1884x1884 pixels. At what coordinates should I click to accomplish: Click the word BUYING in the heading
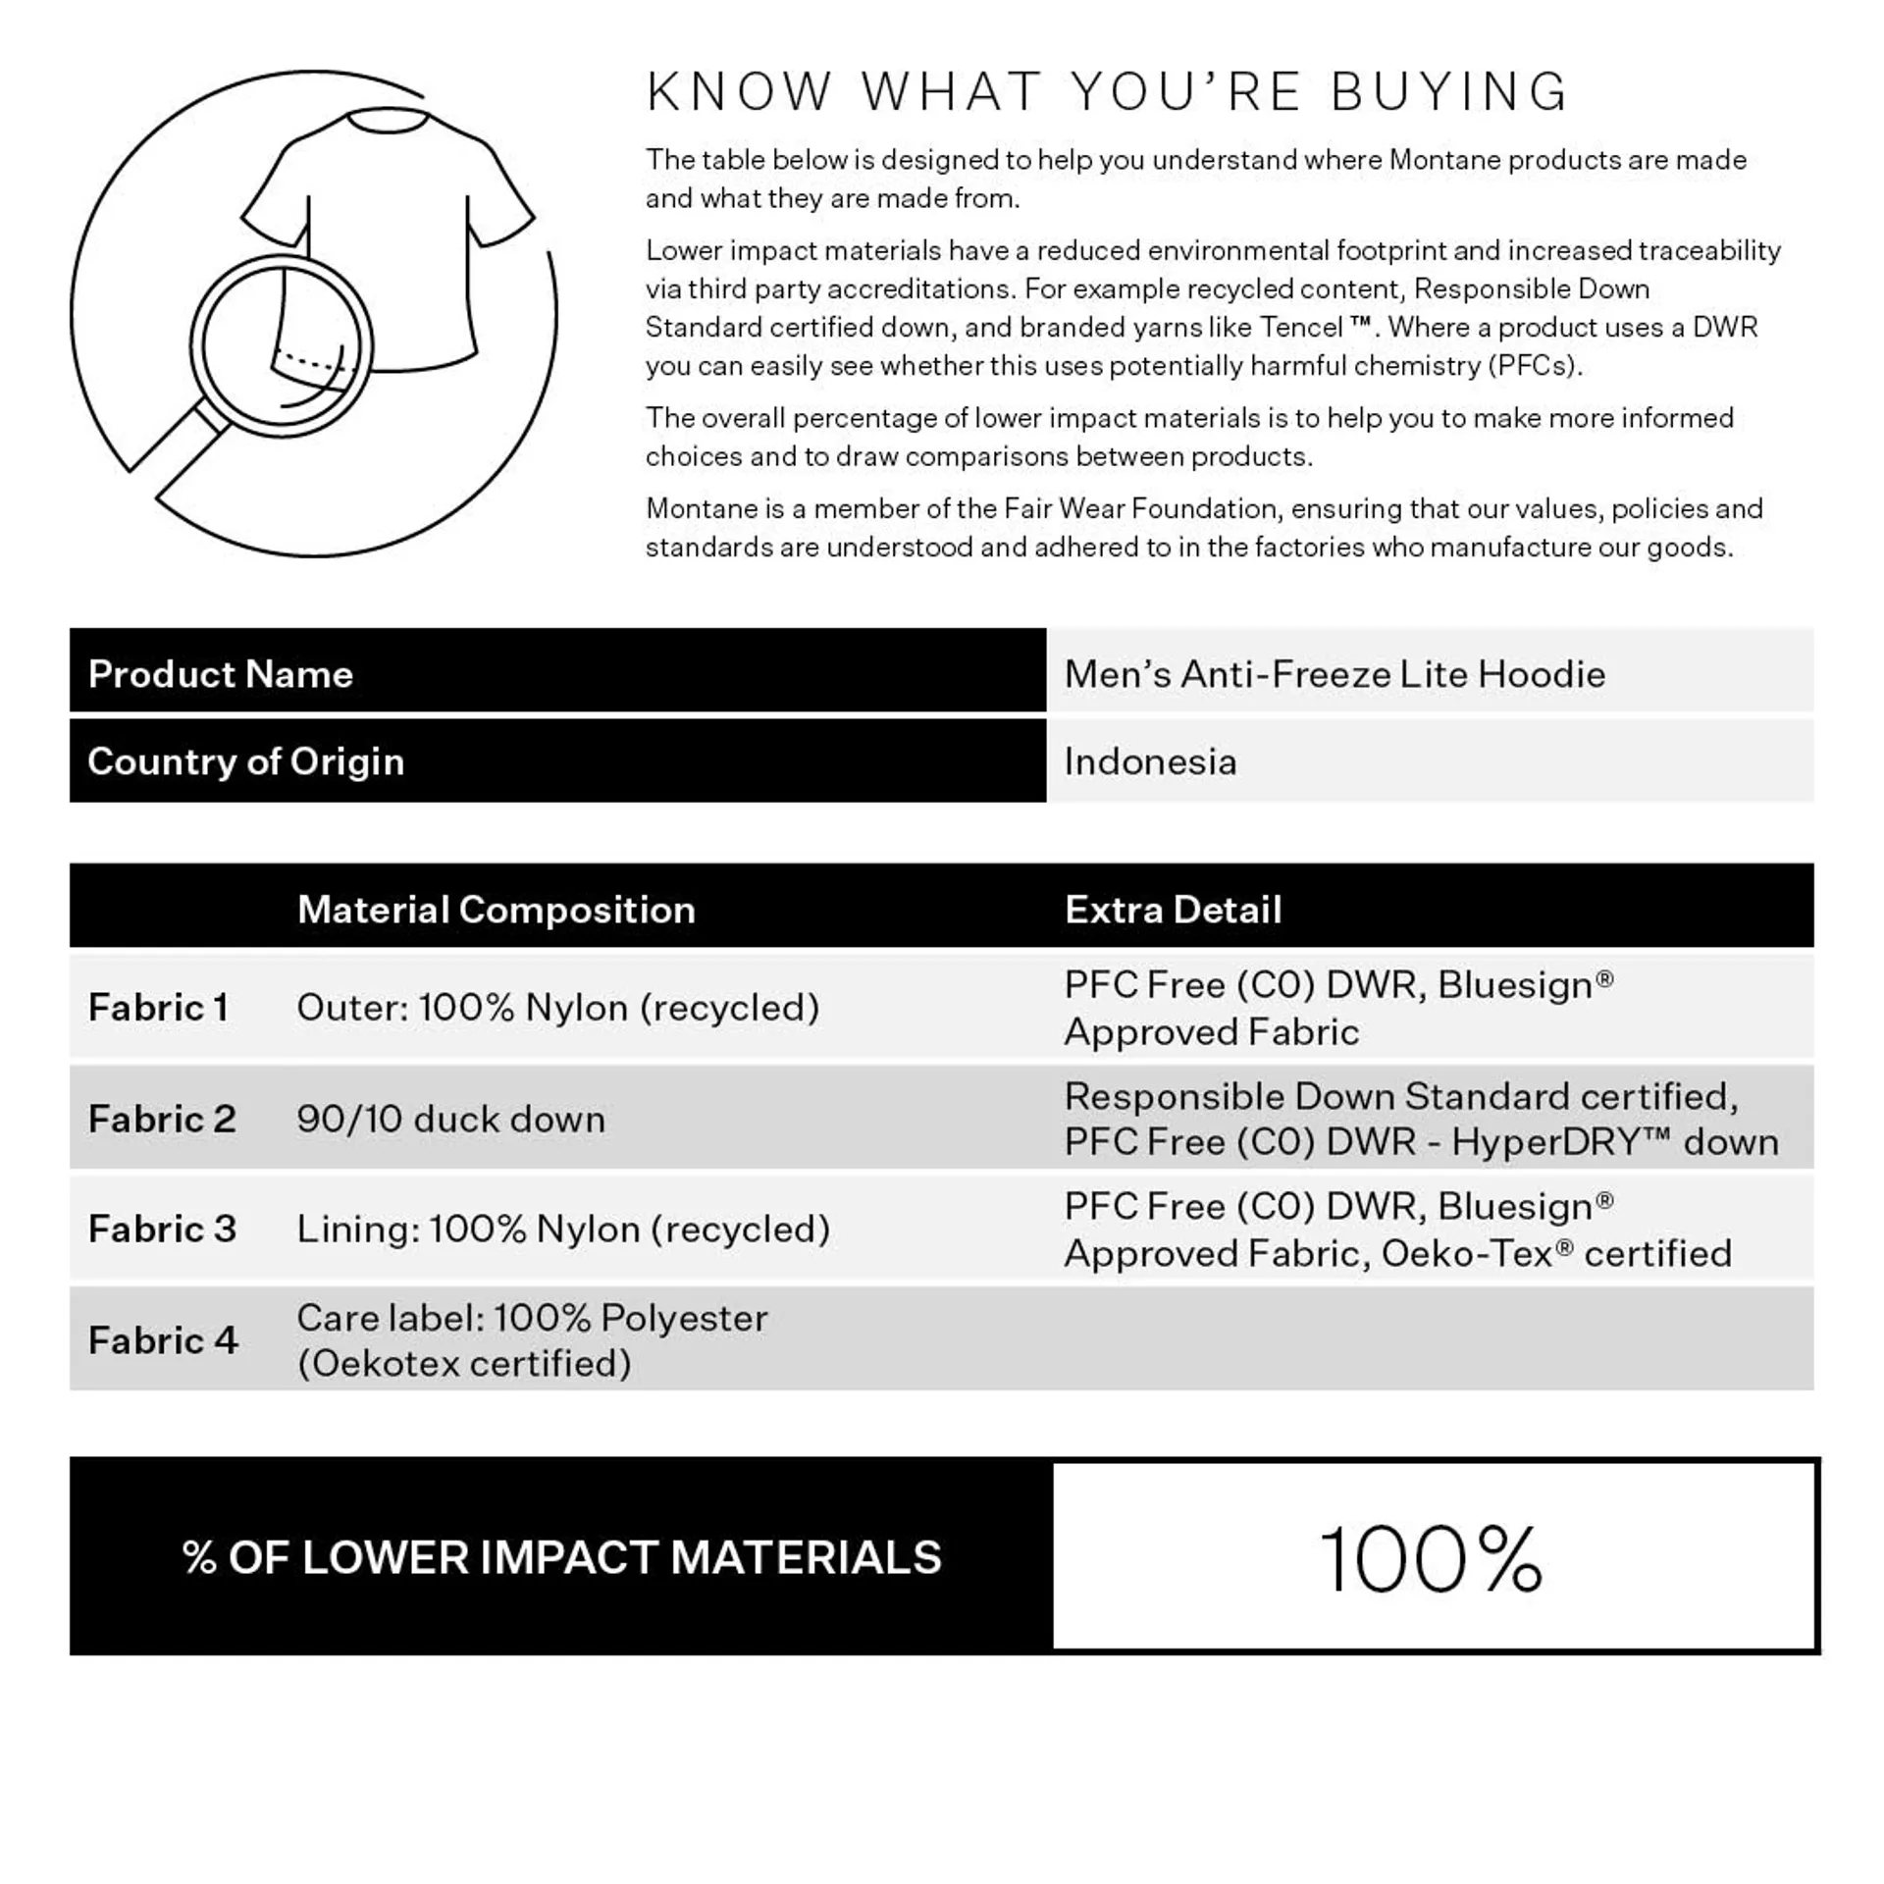pyautogui.click(x=1449, y=92)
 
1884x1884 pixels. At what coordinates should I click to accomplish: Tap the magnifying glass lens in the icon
pyautogui.click(x=282, y=345)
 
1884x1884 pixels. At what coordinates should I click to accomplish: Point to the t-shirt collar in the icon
pyautogui.click(x=387, y=121)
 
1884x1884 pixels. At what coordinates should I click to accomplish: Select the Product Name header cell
pyautogui.click(x=221, y=674)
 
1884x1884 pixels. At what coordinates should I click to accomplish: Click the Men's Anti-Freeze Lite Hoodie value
pyautogui.click(x=1334, y=674)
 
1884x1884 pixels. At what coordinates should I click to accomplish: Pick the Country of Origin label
pyautogui.click(x=245, y=761)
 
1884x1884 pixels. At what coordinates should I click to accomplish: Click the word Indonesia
pyautogui.click(x=1150, y=761)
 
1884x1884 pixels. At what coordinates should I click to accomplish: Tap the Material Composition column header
pyautogui.click(x=496, y=910)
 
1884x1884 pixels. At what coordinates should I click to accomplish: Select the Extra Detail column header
pyautogui.click(x=1173, y=910)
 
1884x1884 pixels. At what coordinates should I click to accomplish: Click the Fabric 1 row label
pyautogui.click(x=158, y=1008)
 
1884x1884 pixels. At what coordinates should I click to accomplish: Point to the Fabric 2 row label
pyautogui.click(x=162, y=1119)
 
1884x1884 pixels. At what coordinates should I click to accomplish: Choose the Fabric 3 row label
pyautogui.click(x=162, y=1229)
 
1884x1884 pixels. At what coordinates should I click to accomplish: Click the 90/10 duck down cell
pyautogui.click(x=450, y=1119)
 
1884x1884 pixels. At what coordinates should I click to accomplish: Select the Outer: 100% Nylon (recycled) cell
pyautogui.click(x=557, y=1008)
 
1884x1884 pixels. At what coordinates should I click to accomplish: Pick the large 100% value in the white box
pyautogui.click(x=1431, y=1559)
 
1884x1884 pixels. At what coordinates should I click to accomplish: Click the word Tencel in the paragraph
pyautogui.click(x=1301, y=327)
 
